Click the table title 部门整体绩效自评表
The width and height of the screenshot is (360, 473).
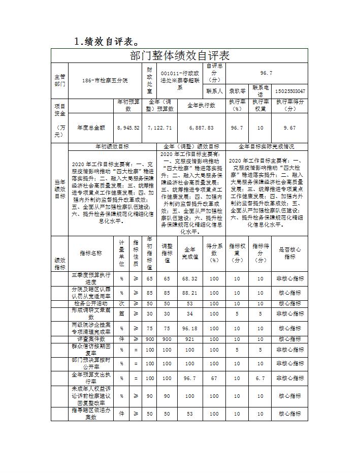click(180, 55)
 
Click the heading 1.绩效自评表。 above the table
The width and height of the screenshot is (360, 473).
click(107, 41)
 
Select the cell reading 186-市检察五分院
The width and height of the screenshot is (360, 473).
click(105, 80)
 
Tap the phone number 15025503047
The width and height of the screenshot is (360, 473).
click(290, 91)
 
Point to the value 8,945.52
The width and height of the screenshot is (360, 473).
click(128, 128)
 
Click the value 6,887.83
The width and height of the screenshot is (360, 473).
click(201, 128)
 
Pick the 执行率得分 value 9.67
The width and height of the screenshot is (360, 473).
click(290, 128)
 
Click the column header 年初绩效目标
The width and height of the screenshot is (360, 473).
click(112, 146)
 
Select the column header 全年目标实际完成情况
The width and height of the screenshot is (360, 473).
click(267, 146)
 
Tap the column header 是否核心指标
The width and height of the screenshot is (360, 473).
click(290, 253)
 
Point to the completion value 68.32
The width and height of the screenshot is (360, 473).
click(189, 279)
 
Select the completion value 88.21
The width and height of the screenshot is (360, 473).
click(189, 293)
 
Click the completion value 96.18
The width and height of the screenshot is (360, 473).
click(189, 328)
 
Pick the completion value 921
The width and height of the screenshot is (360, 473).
click(189, 339)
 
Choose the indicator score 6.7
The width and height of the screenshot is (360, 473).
click(260, 378)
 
